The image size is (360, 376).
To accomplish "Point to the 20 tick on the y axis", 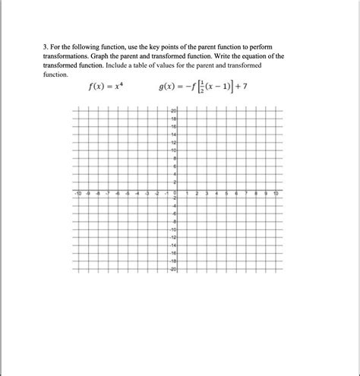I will tap(174, 112).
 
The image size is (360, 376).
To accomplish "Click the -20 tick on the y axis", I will tap(174, 269).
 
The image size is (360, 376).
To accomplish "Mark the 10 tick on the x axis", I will tap(276, 194).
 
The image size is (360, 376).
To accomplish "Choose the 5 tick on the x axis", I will tap(226, 194).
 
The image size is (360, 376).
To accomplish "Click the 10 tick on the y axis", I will tap(174, 150).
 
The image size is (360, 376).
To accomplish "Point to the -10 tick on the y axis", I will tap(174, 229).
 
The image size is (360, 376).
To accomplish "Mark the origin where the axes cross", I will tap(177, 190).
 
